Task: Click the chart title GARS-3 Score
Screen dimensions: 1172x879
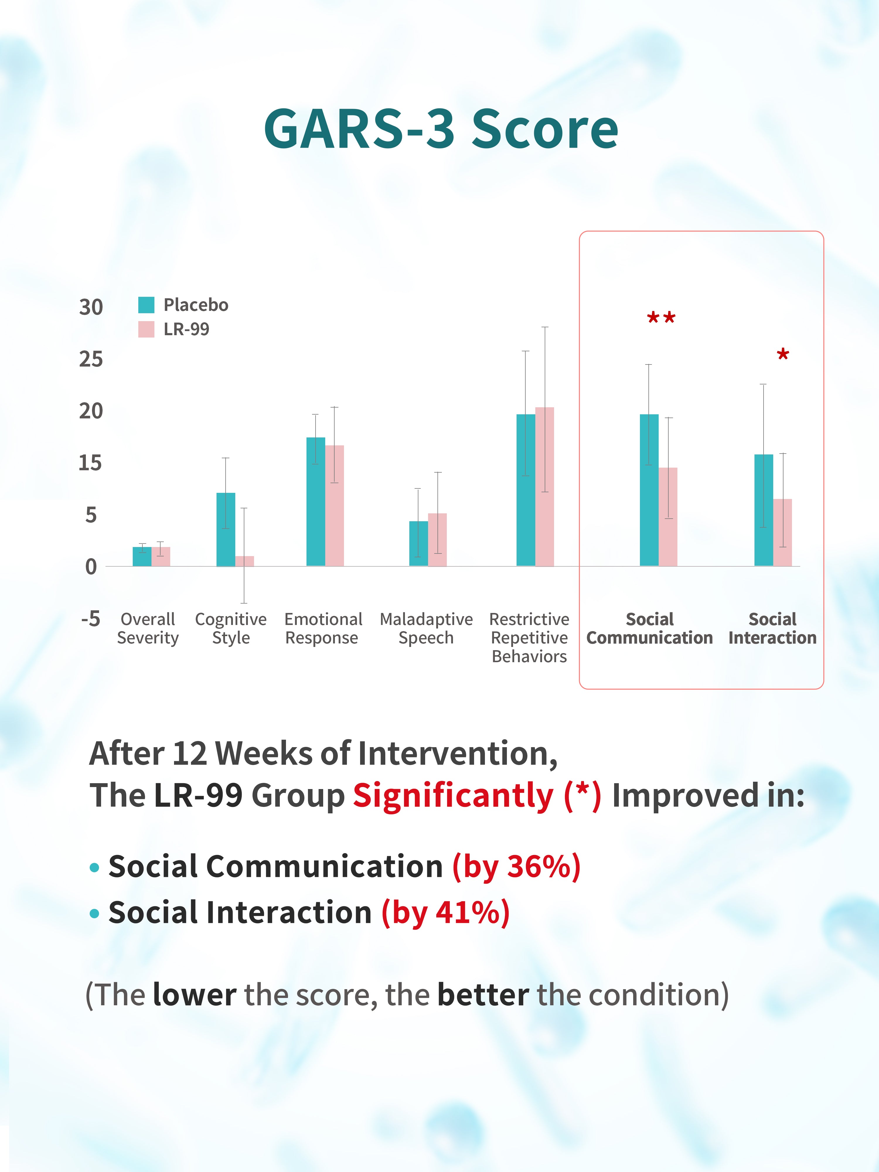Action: tap(441, 129)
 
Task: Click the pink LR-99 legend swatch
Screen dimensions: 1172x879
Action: tap(146, 329)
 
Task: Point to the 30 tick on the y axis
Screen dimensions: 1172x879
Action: tap(91, 307)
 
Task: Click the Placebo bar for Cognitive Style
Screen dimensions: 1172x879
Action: tap(226, 529)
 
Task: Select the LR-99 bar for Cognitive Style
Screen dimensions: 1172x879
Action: tap(245, 561)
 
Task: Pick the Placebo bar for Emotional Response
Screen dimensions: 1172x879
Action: tap(316, 501)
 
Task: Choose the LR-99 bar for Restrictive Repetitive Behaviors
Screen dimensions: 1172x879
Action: tap(545, 486)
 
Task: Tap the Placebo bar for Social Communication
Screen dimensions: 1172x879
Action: tap(649, 490)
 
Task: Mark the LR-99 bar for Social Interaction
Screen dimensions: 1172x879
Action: tap(783, 532)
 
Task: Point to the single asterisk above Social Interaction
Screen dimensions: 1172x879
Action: tap(783, 355)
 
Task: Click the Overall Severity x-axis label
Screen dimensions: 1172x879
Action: tap(148, 628)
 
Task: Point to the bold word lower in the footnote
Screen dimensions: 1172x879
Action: tap(195, 994)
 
